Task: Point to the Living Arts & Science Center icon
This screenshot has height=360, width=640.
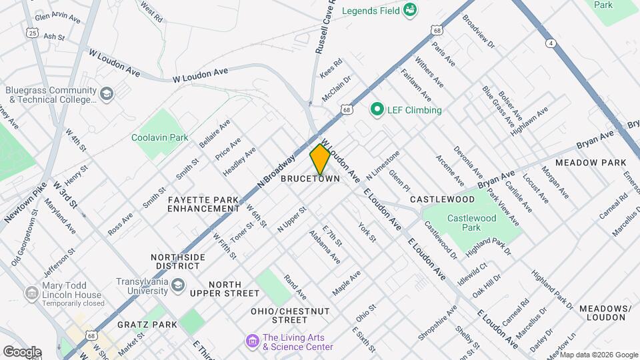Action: pos(252,341)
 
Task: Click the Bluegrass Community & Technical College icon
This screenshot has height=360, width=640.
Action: pos(106,95)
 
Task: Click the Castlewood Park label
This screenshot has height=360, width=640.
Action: pos(472,223)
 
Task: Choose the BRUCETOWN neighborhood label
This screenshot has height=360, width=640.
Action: pos(310,179)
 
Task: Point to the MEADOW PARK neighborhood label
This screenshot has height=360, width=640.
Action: pos(591,163)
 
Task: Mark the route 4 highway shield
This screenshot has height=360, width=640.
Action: pos(551,43)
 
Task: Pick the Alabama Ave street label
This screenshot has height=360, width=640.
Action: pos(325,247)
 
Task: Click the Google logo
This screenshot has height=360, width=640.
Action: pos(22,351)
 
